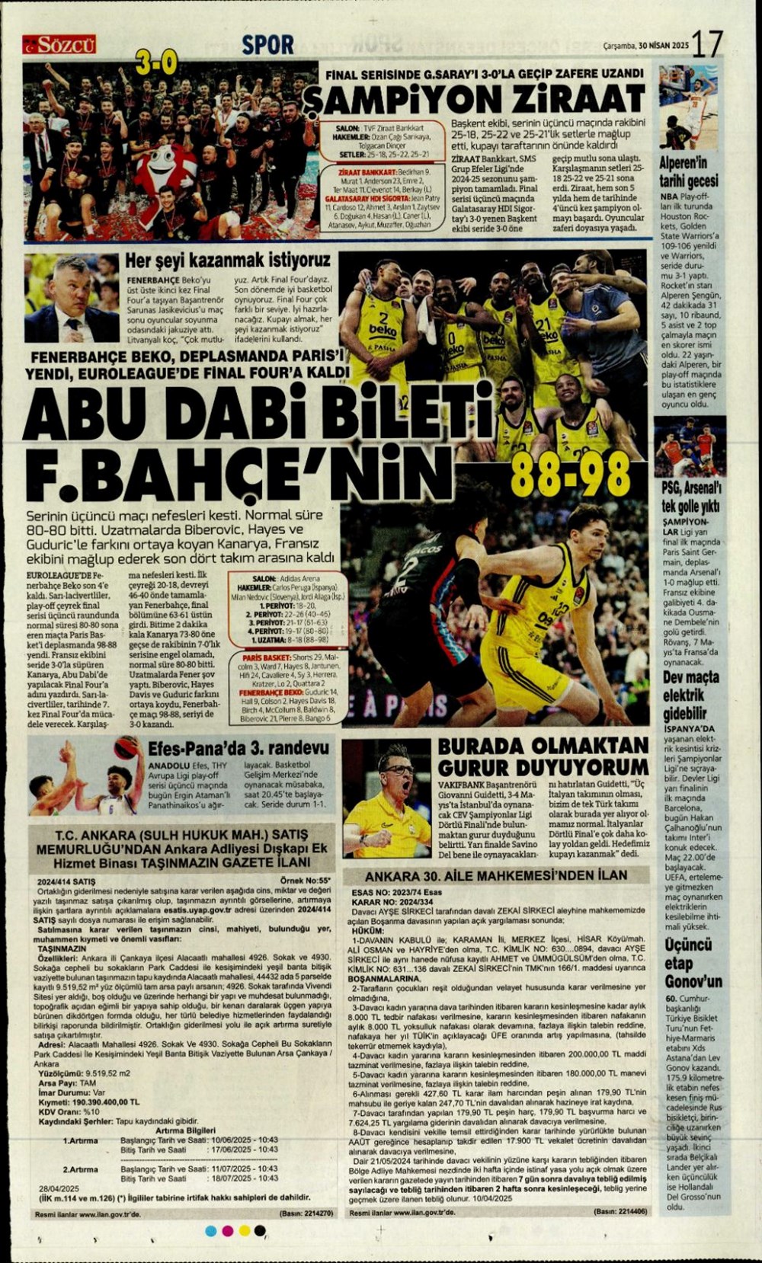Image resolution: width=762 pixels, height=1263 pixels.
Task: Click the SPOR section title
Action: click(x=267, y=45)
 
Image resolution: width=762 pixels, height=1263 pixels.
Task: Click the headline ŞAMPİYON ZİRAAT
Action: click(x=472, y=98)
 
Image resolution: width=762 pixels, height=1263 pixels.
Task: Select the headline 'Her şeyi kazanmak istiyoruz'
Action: click(x=228, y=260)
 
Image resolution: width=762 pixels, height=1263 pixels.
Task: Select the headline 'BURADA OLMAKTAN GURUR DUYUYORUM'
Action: click(x=543, y=756)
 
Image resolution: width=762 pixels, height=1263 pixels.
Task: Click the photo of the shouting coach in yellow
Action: click(x=386, y=798)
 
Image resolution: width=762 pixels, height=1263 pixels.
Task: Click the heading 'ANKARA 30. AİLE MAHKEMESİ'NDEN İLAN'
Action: click(x=496, y=875)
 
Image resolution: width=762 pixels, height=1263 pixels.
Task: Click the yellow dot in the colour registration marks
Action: click(x=245, y=1230)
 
